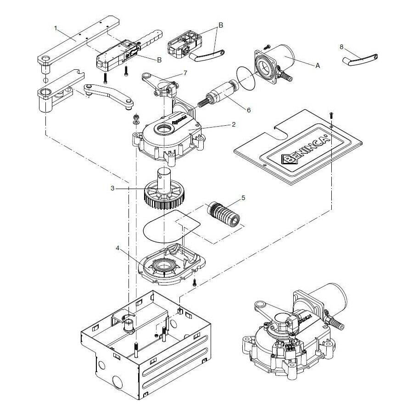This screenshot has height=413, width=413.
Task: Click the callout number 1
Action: click(56, 28)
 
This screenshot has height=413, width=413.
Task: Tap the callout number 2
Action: click(233, 124)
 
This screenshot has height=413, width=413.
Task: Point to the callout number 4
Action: click(118, 248)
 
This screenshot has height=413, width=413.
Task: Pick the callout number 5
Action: click(243, 198)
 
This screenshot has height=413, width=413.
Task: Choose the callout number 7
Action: click(185, 73)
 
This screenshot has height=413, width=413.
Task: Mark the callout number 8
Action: click(342, 47)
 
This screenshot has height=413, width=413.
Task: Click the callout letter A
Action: click(317, 66)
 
